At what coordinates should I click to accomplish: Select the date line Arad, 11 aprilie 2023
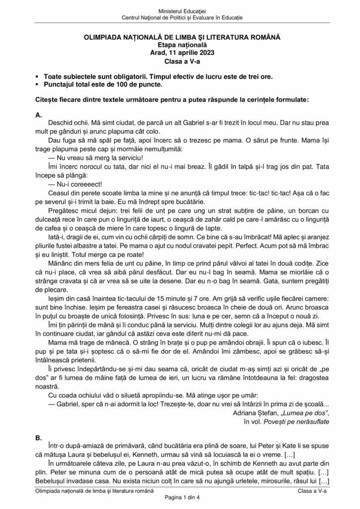180,53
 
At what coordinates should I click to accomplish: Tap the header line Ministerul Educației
180,10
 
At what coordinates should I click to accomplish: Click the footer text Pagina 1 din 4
180,498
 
